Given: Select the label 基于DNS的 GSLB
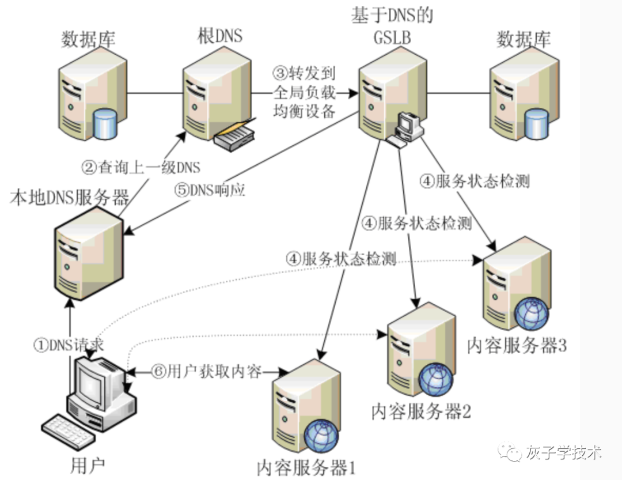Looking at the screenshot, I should tap(392, 27).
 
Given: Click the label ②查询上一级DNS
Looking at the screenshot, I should tap(141, 168).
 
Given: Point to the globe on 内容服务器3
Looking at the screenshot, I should tap(532, 315).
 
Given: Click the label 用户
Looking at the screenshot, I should tap(87, 464).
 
